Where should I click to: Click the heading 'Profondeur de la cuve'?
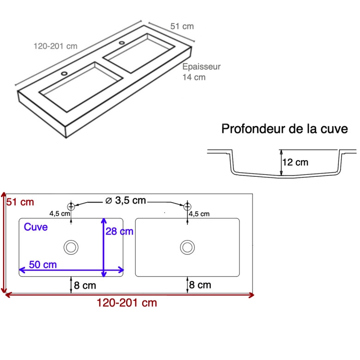click(284, 129)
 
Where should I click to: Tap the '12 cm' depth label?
click(295, 162)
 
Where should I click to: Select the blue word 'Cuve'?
click(36, 227)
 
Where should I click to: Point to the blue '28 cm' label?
click(120, 231)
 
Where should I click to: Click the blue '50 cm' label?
click(43, 264)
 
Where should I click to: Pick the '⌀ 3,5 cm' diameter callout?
click(126, 200)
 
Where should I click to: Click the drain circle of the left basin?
click(71, 247)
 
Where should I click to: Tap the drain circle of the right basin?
click(187, 247)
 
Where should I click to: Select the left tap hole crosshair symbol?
click(71, 206)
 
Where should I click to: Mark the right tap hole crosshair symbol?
click(187, 206)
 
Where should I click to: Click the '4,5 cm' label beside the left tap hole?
click(60, 214)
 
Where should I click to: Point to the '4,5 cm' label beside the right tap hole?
click(199, 214)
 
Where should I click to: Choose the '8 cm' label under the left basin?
click(85, 285)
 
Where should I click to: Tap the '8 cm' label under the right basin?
click(200, 285)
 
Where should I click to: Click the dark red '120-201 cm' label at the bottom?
click(127, 303)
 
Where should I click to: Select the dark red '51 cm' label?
click(20, 202)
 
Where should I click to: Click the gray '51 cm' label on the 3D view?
click(182, 26)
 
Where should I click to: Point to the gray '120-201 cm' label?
click(55, 46)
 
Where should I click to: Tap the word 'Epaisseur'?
click(201, 67)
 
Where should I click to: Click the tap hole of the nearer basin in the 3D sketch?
click(64, 73)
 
